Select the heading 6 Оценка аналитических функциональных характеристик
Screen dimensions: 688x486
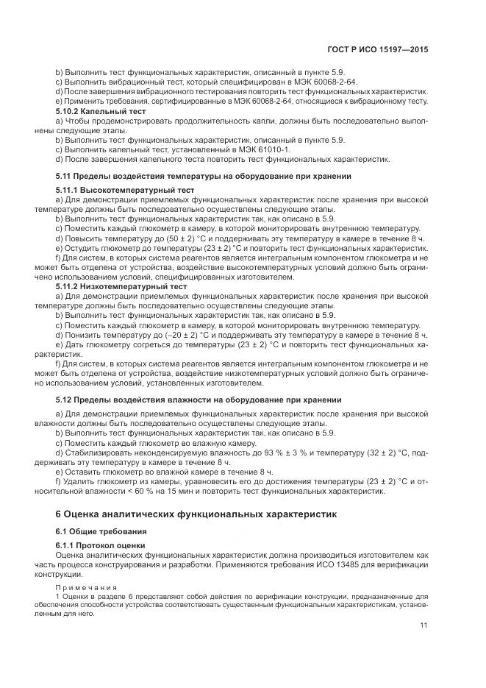pos(196,514)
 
